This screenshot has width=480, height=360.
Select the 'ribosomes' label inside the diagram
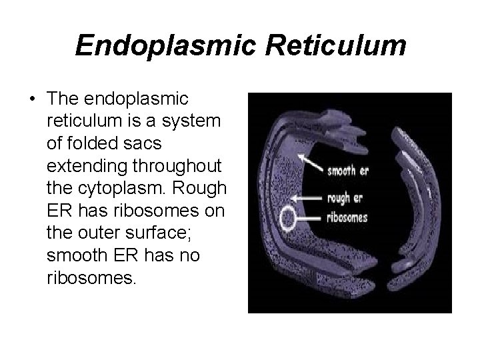point(347,217)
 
